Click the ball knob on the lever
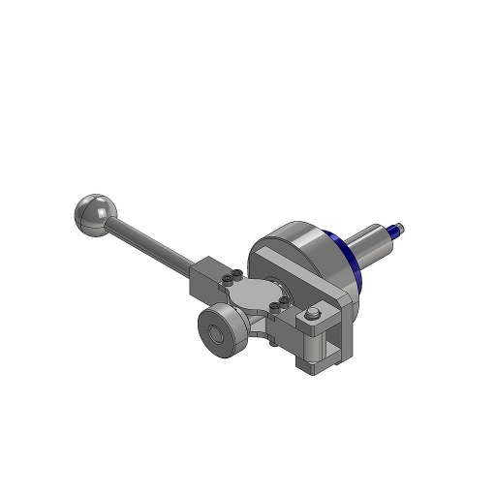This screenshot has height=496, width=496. point(93,212)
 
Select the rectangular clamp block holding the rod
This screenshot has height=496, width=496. point(205,281)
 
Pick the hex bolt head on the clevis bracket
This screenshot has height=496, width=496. point(313,313)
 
